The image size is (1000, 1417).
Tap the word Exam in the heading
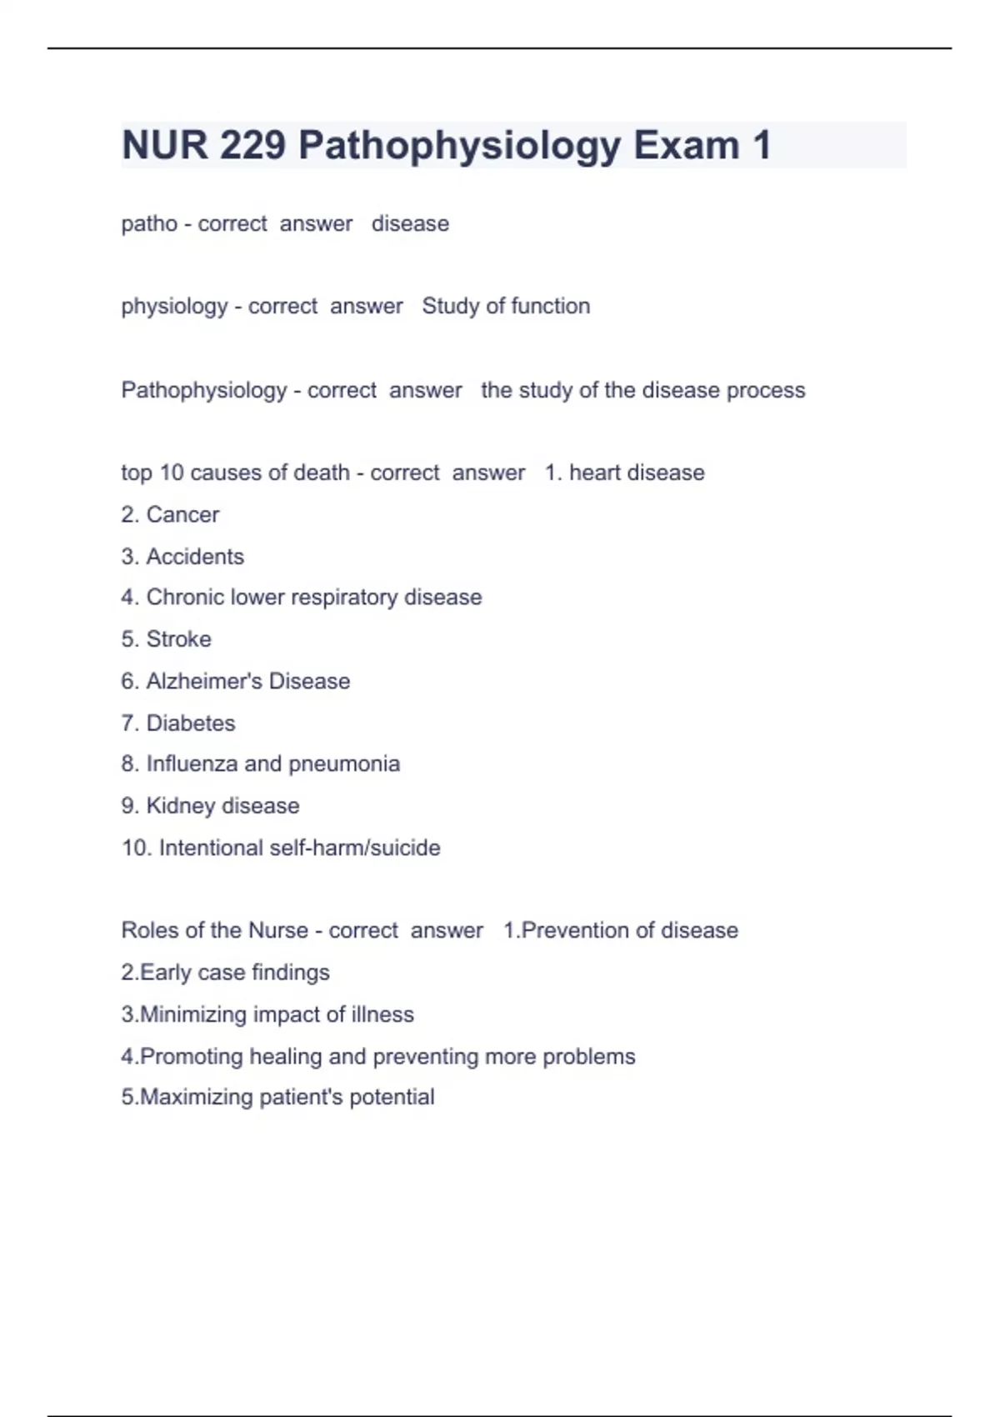pyautogui.click(x=686, y=145)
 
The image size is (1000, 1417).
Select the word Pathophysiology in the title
pyautogui.click(x=459, y=145)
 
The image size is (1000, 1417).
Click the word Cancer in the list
pyautogui.click(x=182, y=514)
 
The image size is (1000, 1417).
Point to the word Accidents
pyautogui.click(x=195, y=556)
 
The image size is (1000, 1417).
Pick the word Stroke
pyautogui.click(x=178, y=638)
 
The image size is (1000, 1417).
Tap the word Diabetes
pyautogui.click(x=191, y=723)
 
